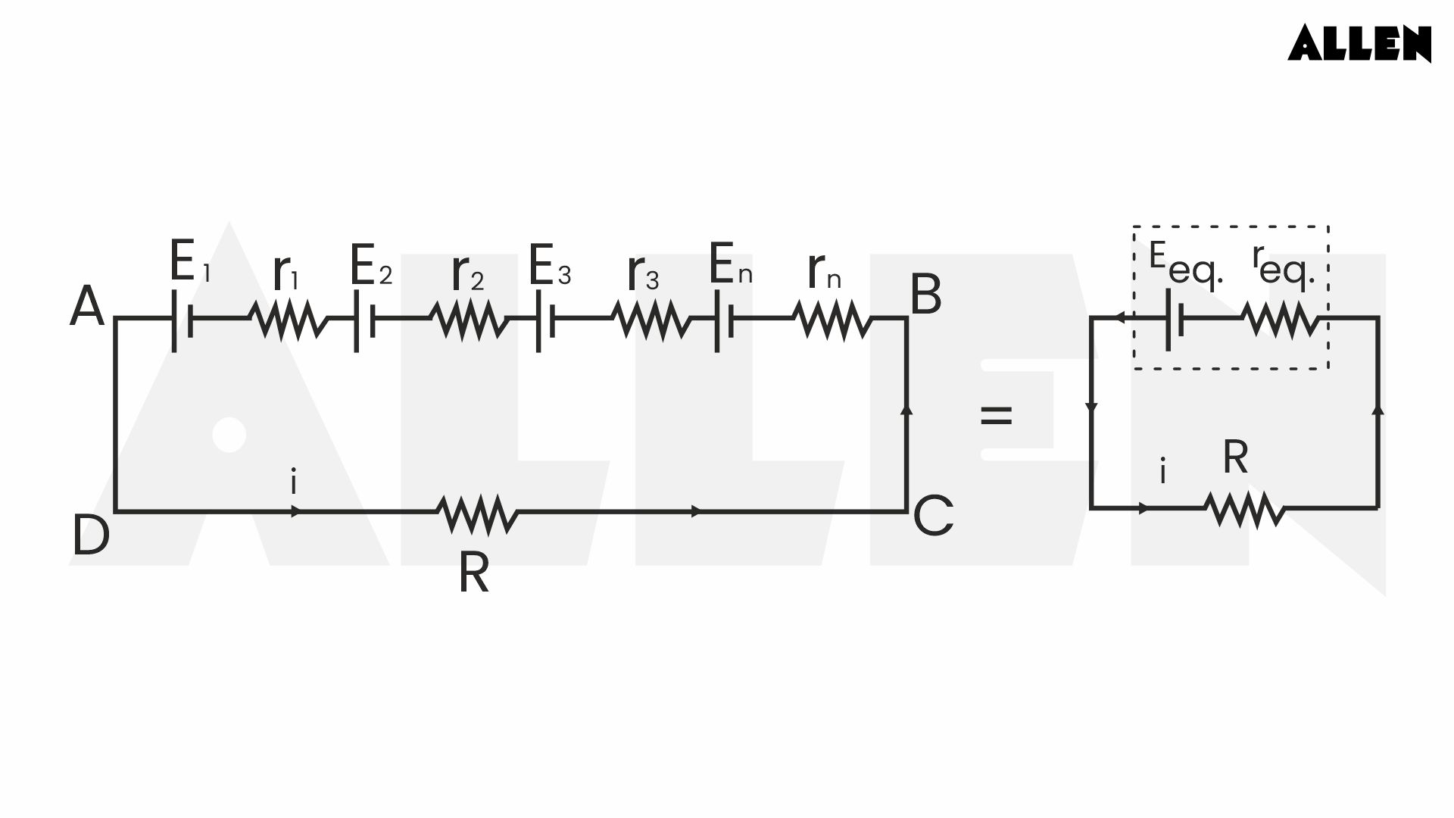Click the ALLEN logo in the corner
tap(1359, 43)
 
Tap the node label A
tap(87, 307)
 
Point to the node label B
tap(925, 295)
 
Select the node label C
tap(933, 516)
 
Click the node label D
tap(91, 535)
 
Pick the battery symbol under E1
tap(182, 320)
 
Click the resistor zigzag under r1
tap(289, 320)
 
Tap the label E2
tap(370, 266)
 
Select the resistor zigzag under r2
tap(470, 320)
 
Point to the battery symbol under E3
tap(545, 320)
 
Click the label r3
tap(643, 273)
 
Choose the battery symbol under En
tap(724, 320)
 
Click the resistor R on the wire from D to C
tap(477, 514)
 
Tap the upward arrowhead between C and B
tap(906, 409)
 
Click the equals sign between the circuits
tap(996, 415)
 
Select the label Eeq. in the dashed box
tap(1185, 265)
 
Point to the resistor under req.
tap(1281, 320)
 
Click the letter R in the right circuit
tap(1235, 457)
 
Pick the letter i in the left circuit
tap(294, 482)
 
